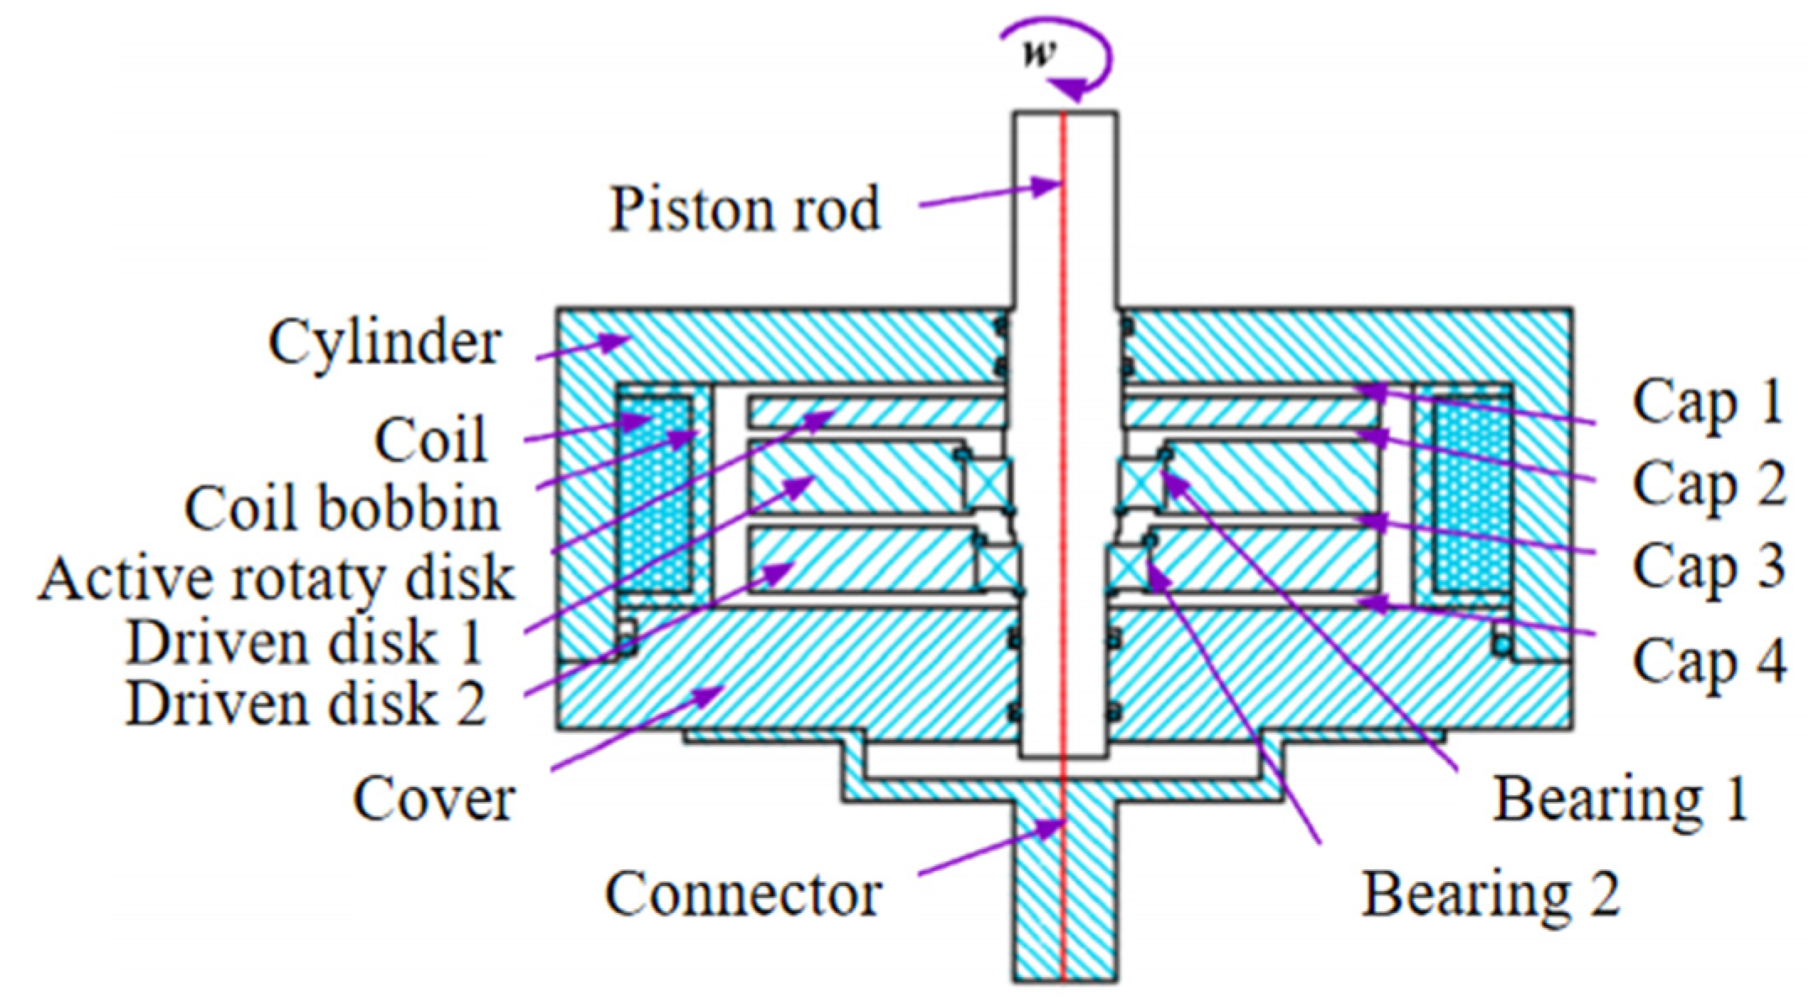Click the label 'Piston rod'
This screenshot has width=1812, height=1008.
coord(744,208)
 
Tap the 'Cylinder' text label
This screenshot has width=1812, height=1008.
coord(384,342)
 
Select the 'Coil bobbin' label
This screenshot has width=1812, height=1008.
coord(342,509)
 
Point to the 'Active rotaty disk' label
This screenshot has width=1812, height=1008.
coord(276,578)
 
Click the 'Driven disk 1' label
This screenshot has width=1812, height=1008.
coord(304,643)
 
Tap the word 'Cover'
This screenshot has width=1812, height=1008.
coord(434,799)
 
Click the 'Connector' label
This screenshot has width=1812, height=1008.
coord(743,894)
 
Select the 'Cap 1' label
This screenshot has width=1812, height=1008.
coord(1708,402)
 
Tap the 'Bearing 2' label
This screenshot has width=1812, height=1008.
coord(1491,894)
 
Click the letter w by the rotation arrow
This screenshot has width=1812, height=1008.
coord(1039,52)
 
